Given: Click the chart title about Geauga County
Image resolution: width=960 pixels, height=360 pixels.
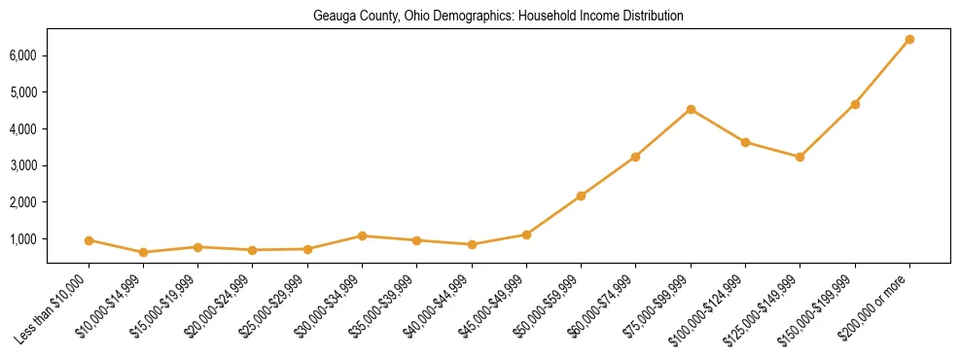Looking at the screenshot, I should click(x=498, y=17).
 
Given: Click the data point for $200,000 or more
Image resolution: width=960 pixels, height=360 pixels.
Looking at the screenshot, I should click(x=909, y=40).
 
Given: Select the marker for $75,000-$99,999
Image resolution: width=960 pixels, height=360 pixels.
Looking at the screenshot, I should click(x=691, y=109).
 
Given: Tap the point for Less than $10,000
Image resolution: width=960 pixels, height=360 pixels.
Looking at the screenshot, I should click(x=89, y=240).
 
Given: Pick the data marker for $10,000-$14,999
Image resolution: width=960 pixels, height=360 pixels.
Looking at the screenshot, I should click(x=143, y=252).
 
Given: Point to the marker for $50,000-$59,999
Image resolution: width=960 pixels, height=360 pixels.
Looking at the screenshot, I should click(x=581, y=196).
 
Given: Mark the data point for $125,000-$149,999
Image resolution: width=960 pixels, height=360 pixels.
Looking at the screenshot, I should click(x=800, y=157).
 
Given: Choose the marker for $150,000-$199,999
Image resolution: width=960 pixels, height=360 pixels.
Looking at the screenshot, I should click(x=855, y=104).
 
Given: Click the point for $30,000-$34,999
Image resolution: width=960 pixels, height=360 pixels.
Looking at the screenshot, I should click(x=362, y=235).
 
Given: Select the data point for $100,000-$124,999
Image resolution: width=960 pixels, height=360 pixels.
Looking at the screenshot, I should click(x=745, y=142).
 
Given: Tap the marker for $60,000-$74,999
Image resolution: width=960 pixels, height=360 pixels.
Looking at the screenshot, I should click(x=635, y=157).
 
